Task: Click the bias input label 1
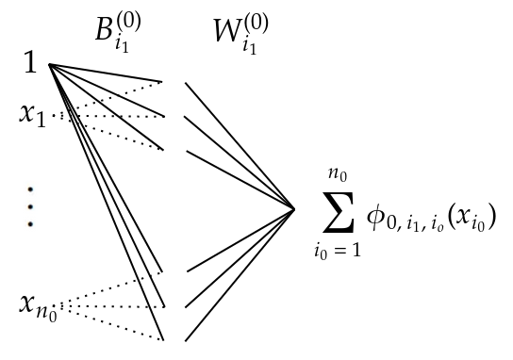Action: coord(30,64)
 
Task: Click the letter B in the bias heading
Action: coord(107,31)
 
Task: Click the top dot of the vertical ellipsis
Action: coord(30,187)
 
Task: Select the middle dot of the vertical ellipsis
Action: coord(30,205)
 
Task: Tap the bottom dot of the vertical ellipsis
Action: coord(30,223)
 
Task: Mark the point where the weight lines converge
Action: coord(294,209)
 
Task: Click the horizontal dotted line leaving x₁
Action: coord(113,117)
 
